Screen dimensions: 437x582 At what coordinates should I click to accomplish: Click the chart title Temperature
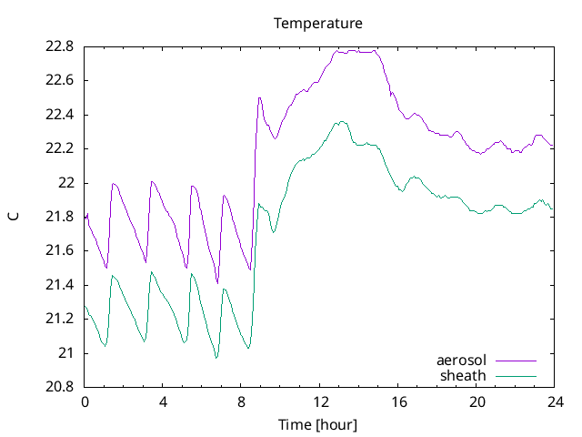tap(318, 23)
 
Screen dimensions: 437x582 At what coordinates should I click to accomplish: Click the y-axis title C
tap(14, 217)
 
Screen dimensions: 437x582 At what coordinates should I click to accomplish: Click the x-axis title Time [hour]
tap(318, 425)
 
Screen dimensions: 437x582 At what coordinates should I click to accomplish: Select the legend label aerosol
tap(462, 361)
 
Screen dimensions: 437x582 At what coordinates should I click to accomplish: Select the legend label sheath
tap(464, 375)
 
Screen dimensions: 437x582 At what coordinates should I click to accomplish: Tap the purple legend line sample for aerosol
tap(516, 361)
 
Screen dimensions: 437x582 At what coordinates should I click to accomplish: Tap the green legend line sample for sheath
tap(516, 375)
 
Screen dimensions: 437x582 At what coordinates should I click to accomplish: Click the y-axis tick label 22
tap(67, 183)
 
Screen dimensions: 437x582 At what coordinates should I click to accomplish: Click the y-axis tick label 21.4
tap(61, 285)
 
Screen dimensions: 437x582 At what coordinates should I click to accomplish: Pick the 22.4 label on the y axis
tap(61, 115)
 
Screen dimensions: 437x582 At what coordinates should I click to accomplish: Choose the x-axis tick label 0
tap(85, 401)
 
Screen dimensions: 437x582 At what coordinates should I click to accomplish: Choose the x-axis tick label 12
tap(320, 401)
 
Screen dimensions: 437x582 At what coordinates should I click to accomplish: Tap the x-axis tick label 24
tap(556, 401)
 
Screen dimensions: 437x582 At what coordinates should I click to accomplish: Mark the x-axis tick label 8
tap(242, 401)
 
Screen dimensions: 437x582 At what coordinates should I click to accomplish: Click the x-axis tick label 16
tap(398, 401)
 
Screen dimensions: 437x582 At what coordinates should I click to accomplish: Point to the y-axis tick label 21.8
tap(61, 217)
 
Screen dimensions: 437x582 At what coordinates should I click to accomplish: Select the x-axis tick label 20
tap(477, 401)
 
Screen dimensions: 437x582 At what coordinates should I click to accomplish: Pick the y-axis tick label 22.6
tap(61, 80)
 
